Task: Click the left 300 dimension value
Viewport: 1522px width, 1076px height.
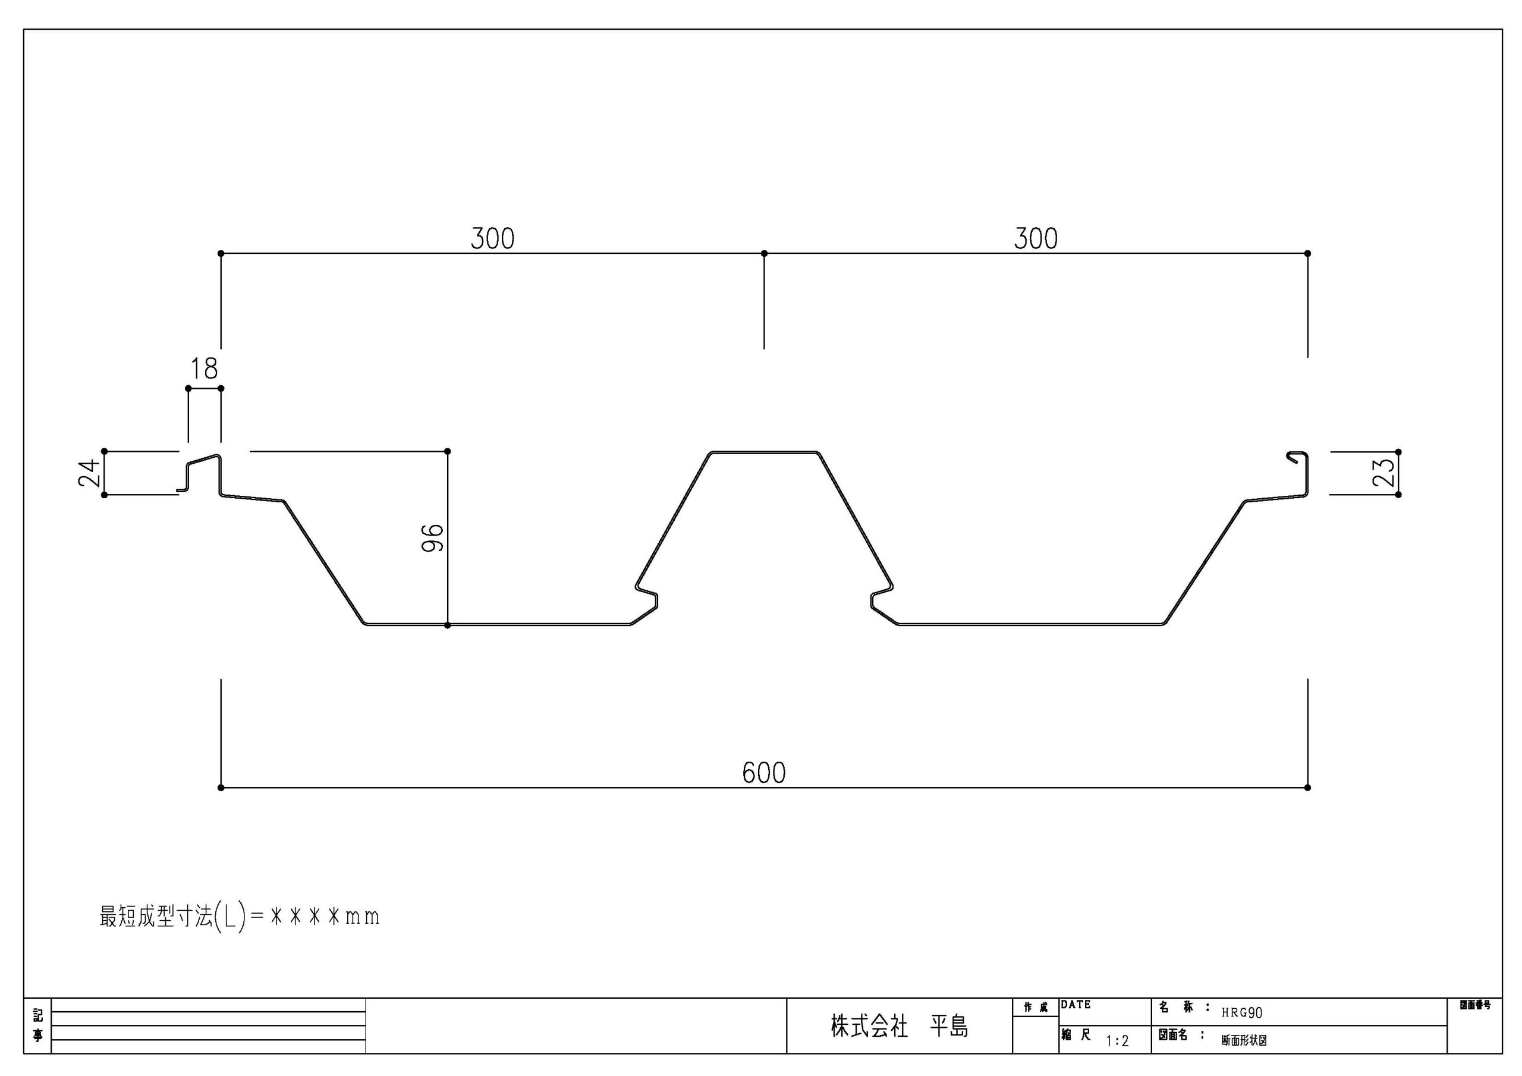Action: [x=492, y=238]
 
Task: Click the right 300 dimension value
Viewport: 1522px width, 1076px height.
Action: [x=1036, y=238]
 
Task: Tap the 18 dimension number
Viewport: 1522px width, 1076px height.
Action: [x=204, y=369]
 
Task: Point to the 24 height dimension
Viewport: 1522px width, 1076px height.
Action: [x=90, y=473]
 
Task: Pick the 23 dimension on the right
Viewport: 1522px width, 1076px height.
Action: [x=1384, y=473]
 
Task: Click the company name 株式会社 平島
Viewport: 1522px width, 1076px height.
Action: [x=900, y=1027]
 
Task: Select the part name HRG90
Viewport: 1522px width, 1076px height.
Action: [x=1242, y=1013]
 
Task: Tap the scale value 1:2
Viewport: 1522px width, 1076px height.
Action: [x=1117, y=1042]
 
